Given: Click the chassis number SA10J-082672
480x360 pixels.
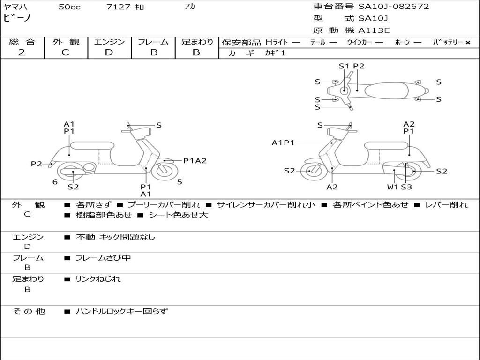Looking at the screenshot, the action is point(394,7).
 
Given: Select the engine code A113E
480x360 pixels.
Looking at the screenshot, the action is point(374,30).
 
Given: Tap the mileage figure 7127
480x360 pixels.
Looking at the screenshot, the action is point(118,7).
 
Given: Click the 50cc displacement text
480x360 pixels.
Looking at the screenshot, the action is point(69,7).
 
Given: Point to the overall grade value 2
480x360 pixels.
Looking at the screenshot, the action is point(22,52).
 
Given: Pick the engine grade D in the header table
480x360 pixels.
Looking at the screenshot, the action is point(109,52).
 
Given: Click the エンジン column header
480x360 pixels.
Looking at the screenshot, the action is point(109,42).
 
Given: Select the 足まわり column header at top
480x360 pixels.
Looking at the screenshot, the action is point(197,42).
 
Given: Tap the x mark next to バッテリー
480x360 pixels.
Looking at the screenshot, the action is point(468,43).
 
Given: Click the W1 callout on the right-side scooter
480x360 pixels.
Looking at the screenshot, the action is point(392,187).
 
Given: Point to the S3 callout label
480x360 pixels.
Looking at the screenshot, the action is point(406,187).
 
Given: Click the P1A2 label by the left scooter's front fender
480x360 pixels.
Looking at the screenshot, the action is point(195,161).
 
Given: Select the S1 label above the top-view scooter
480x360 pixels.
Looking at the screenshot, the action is point(344,66).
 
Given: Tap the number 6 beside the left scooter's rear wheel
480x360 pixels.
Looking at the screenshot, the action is point(55,182).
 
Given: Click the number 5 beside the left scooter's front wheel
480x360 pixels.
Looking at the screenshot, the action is point(180,182).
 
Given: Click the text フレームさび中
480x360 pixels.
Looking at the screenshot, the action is point(103,258).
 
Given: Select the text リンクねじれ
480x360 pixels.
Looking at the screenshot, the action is point(98,279).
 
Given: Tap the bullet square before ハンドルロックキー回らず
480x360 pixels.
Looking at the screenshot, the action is point(67,312).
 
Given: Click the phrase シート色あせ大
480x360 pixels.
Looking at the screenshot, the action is point(179,215).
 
